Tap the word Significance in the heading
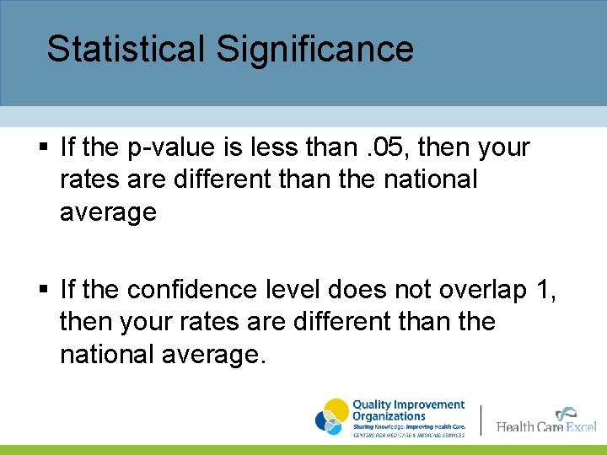tap(314, 49)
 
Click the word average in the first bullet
tap(108, 212)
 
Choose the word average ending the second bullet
tap(214, 355)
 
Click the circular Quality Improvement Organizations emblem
tap(331, 416)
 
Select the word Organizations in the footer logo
tap(389, 415)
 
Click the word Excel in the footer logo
tap(581, 426)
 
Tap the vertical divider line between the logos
tap(481, 420)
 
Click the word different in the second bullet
tap(321, 322)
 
